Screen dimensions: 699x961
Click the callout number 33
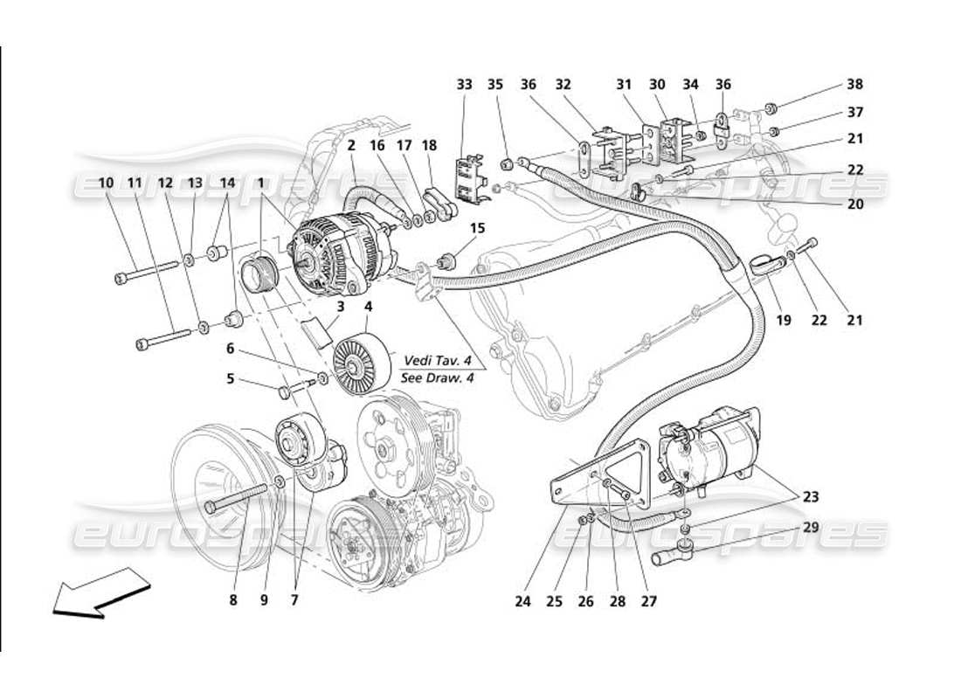pos(464,85)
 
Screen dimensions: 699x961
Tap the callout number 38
pos(854,85)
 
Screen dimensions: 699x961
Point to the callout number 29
pos(812,528)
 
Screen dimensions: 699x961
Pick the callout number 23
pos(812,496)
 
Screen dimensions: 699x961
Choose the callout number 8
pos(233,600)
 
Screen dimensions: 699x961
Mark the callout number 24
pos(522,601)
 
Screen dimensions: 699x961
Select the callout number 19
pos(783,321)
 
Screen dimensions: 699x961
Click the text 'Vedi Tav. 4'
pos(433,361)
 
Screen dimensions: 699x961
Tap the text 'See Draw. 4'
pos(433,378)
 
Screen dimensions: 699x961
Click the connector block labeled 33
pos(470,180)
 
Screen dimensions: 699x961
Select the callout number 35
pos(495,85)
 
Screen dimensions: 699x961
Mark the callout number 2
pos(350,146)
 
